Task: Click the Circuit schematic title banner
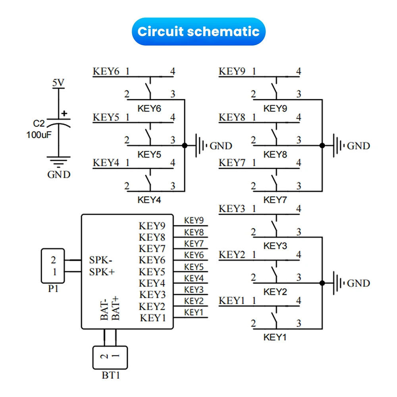tap(198, 31)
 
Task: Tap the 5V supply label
tap(58, 83)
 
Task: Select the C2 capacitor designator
tap(39, 123)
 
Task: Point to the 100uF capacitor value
tap(39, 135)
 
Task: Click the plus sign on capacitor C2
tap(64, 113)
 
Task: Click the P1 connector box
tap(53, 266)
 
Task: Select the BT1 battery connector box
tap(110, 358)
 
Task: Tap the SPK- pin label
tap(101, 260)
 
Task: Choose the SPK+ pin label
tap(102, 272)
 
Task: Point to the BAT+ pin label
tap(116, 308)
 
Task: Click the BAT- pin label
tap(104, 310)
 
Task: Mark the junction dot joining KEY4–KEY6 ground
tap(185, 145)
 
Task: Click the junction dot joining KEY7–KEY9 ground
tap(322, 145)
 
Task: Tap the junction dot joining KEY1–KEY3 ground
tap(322, 283)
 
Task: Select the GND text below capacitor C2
tap(59, 174)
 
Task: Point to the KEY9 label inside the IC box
tap(152, 225)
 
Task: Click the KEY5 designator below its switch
tap(149, 154)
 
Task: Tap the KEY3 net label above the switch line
tap(232, 209)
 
